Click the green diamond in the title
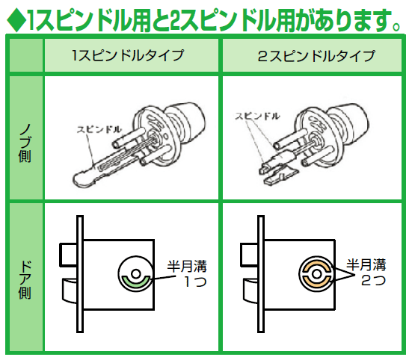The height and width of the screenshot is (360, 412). point(16,20)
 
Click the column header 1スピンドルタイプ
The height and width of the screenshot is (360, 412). point(128,55)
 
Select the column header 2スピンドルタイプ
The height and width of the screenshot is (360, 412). point(316,56)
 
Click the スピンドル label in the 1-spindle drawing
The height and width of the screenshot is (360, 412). point(99,129)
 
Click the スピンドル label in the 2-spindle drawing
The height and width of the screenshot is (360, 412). point(257,116)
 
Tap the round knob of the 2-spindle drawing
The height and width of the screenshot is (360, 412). point(348,122)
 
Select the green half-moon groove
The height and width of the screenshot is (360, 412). point(136,282)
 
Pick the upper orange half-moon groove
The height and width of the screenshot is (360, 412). point(316,266)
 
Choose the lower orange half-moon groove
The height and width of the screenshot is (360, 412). point(316,282)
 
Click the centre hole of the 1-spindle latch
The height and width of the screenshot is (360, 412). point(136,274)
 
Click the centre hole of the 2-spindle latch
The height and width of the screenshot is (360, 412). point(316,274)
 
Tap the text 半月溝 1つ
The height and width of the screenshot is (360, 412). point(187,273)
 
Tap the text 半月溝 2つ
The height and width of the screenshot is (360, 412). point(366,273)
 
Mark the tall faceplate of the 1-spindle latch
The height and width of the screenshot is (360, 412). point(80,274)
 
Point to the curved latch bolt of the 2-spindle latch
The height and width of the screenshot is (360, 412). point(251,291)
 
